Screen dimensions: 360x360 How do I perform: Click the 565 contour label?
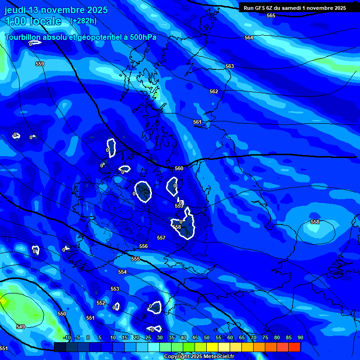(271, 15)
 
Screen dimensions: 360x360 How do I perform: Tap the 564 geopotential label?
(249, 37)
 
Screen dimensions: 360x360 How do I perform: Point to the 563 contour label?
(229, 66)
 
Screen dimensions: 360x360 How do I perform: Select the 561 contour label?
(197, 122)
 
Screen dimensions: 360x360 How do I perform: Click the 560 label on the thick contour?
(179, 168)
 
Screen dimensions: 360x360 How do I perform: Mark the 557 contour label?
(161, 238)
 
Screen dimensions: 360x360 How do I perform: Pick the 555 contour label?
(135, 259)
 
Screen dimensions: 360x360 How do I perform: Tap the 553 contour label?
(115, 289)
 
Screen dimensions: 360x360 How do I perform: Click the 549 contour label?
(20, 327)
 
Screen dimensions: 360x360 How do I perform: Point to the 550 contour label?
(62, 314)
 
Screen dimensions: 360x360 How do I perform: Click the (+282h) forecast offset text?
(83, 21)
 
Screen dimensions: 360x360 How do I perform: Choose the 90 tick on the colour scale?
(300, 337)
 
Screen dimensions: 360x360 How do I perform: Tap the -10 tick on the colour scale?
(67, 337)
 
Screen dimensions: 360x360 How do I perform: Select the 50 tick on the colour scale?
(206, 337)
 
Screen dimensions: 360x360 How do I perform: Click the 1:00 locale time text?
(33, 21)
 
